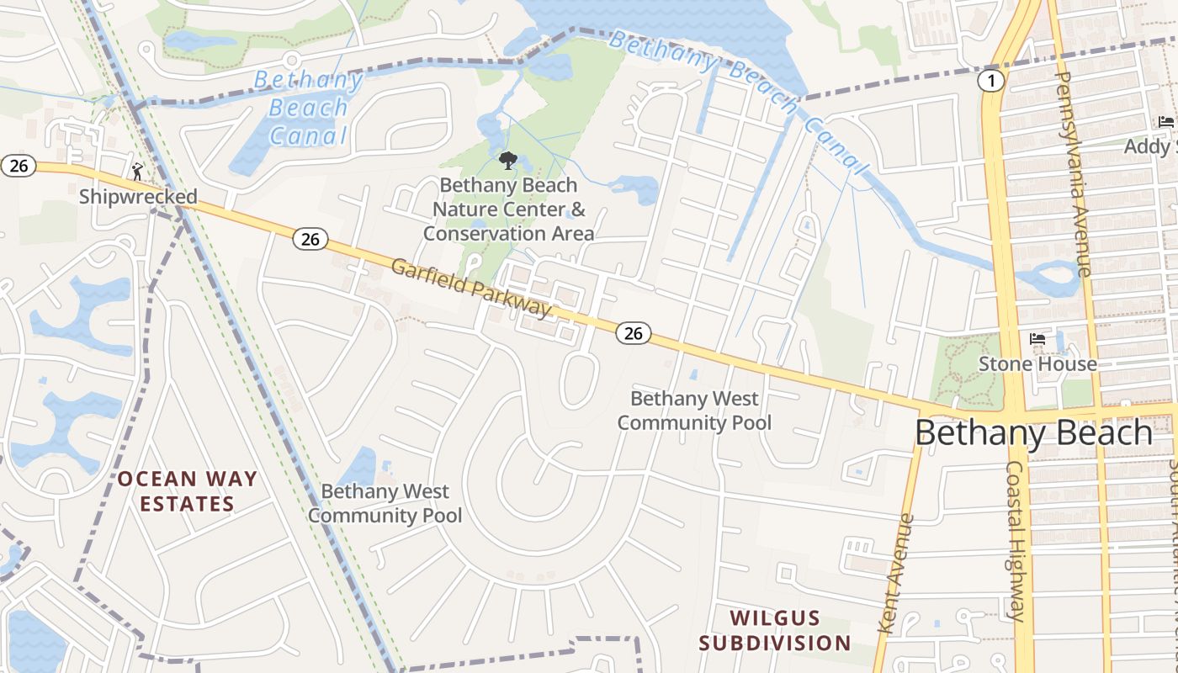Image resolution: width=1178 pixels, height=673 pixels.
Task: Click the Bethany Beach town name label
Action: coord(1033,432)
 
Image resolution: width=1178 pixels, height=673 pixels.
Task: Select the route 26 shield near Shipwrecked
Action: coord(18,166)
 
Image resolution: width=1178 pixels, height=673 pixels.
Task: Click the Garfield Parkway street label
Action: coord(470,288)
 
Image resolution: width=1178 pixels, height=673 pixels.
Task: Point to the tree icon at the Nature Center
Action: coord(507,160)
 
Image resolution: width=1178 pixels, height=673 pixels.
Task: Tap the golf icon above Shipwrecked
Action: coord(138,172)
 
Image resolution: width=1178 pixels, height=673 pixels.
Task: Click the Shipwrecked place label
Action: coord(138,197)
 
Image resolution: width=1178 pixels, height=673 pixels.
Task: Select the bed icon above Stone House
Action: coord(1037,339)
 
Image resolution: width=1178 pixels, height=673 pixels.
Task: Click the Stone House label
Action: coord(1037,363)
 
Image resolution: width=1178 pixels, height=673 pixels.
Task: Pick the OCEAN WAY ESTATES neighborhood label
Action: coord(187,491)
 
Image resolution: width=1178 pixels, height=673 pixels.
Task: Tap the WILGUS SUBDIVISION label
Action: coord(774,631)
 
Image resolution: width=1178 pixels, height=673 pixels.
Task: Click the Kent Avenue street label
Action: coord(894,574)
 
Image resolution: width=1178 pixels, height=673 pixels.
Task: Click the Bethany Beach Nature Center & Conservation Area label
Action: coord(508,209)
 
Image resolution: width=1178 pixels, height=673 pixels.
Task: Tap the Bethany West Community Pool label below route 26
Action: coord(694,411)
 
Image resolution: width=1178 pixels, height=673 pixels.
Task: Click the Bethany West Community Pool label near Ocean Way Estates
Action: coord(385,503)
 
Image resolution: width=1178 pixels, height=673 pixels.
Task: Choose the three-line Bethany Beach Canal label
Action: coord(307,108)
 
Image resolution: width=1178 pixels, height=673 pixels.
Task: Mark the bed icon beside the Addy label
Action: coord(1166,123)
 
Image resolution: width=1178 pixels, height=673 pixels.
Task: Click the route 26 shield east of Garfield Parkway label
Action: coord(633,333)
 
